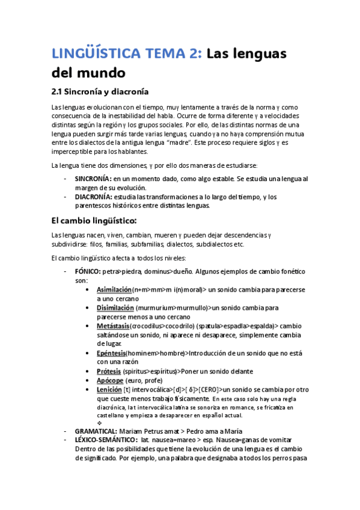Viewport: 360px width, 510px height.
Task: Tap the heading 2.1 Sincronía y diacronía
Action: click(x=99, y=92)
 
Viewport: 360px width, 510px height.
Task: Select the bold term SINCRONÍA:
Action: click(x=93, y=179)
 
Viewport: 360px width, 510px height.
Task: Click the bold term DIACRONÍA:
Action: click(x=93, y=197)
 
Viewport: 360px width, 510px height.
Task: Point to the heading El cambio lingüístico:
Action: click(x=94, y=220)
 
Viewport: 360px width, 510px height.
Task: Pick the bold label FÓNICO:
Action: click(x=88, y=271)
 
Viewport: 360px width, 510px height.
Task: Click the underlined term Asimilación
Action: click(x=114, y=290)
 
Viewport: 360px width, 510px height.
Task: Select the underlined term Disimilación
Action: click(x=115, y=308)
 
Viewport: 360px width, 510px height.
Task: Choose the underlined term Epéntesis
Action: click(x=111, y=352)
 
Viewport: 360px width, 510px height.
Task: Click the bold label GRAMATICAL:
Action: click(x=96, y=431)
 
